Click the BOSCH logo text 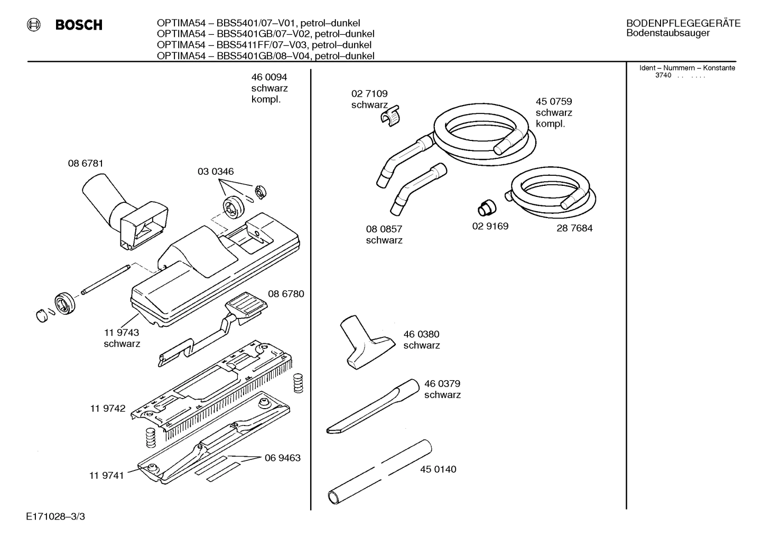point(78,25)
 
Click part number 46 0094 point(269,77)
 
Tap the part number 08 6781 point(86,164)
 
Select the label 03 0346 point(216,172)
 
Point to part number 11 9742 point(108,409)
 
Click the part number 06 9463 point(283,458)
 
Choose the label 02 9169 point(490,226)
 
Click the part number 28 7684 point(574,229)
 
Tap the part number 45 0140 point(438,469)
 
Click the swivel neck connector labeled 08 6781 point(124,211)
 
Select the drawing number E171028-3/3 point(55,516)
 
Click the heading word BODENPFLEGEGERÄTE point(683,23)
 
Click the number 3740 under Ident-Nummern point(663,75)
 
